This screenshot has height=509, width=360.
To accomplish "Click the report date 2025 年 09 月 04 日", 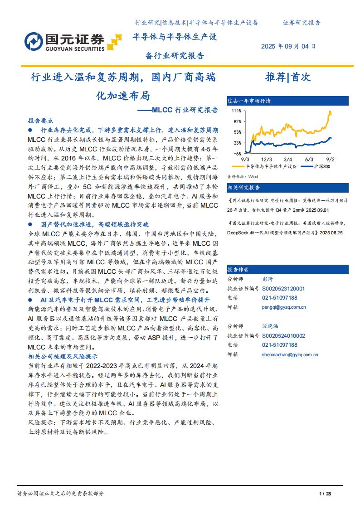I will [288, 46].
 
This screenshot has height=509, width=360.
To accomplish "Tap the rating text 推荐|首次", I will [288, 77].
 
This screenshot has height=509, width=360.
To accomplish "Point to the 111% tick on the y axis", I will [236, 111].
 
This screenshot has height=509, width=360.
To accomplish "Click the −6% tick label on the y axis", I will [237, 154].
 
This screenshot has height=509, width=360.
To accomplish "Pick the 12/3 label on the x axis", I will [267, 160].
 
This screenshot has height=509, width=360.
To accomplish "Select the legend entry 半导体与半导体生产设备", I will [271, 166].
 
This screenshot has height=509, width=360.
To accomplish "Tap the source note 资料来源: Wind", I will [243, 177].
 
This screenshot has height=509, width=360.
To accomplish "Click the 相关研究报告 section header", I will [244, 187].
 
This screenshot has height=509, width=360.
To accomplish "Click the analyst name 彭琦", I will [268, 279].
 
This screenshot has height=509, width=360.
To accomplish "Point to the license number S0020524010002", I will [283, 336].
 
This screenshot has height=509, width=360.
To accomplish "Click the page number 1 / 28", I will [325, 493].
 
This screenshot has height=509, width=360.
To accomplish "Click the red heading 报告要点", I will [41, 121].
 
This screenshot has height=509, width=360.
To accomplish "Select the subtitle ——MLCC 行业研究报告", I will [177, 110].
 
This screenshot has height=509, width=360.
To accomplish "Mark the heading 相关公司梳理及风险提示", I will [63, 356].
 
